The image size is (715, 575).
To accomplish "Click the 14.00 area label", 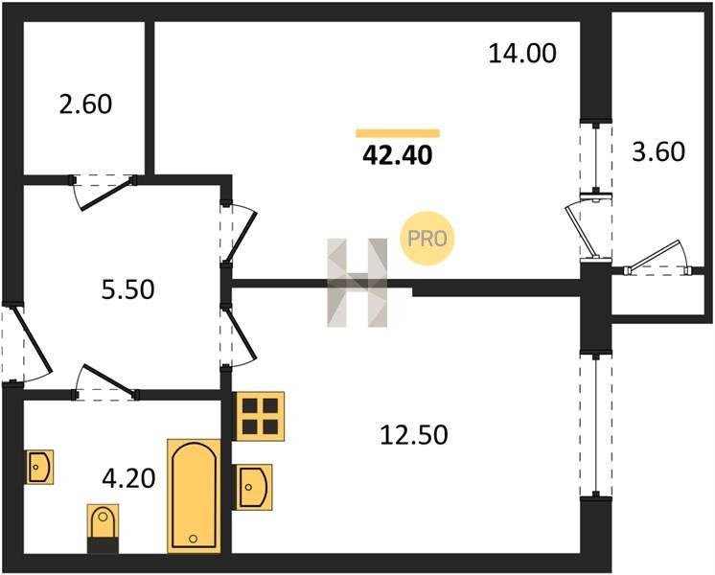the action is [522, 53].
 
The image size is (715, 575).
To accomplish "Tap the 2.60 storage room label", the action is [85, 103].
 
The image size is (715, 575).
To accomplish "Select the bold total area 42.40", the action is [397, 155].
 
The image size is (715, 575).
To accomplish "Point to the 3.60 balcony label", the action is [658, 151].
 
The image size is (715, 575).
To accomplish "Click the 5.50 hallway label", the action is [128, 289].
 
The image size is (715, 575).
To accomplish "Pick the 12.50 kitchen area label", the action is [414, 434].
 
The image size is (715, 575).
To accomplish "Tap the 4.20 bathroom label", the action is [129, 479].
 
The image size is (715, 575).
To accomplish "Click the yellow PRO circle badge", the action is [427, 239].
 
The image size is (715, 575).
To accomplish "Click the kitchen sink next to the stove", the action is [253, 487].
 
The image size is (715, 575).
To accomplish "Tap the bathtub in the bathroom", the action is [195, 496].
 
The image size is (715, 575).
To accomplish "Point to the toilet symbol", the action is [104, 528].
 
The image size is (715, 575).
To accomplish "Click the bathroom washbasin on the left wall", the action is [39, 467].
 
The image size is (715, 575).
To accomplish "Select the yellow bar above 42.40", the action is [398, 133].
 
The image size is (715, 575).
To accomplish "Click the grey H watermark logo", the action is [357, 283].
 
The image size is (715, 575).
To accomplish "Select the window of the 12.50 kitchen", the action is [595, 425].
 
